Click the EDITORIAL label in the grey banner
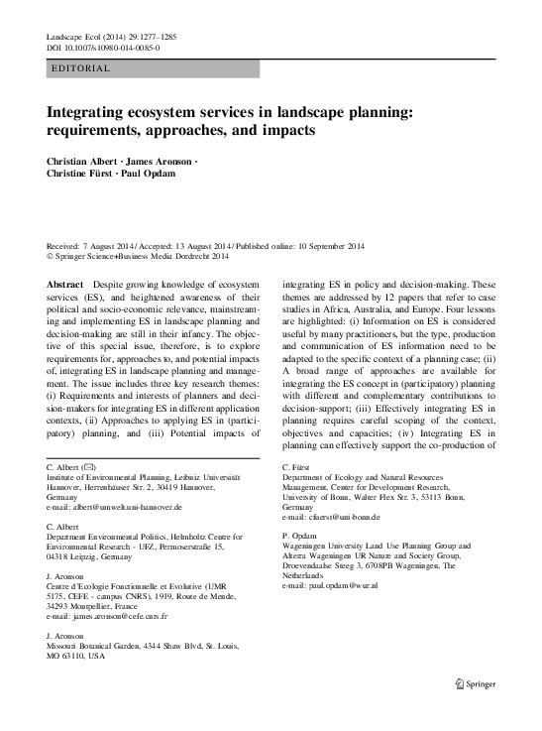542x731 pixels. pyautogui.click(x=79, y=68)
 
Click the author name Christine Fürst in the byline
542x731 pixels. pyautogui.click(x=79, y=175)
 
